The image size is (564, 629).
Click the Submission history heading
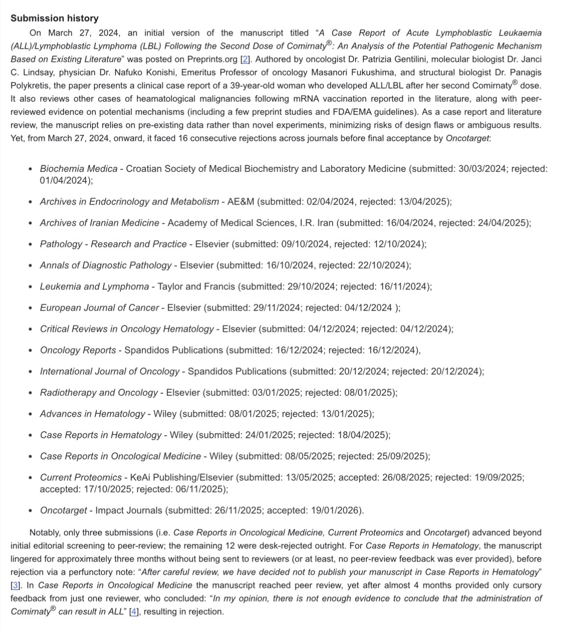(x=54, y=18)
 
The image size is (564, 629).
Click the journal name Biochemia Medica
(x=78, y=169)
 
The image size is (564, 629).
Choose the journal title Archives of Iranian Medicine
(x=99, y=223)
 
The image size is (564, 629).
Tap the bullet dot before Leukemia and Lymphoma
(x=30, y=287)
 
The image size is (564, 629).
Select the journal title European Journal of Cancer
(x=99, y=308)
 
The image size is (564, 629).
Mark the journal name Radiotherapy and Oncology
(x=99, y=392)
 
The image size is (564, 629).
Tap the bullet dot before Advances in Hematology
(x=30, y=414)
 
